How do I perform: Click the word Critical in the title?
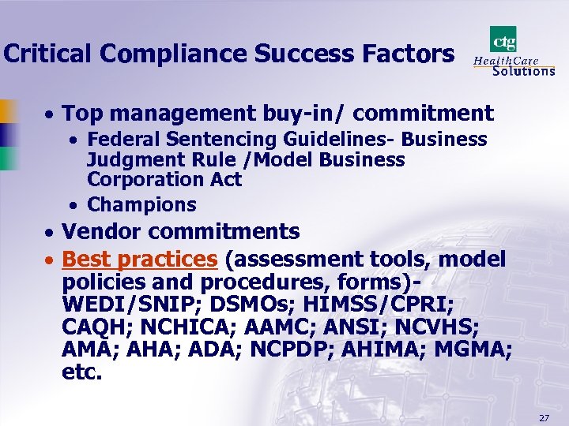[x=48, y=54]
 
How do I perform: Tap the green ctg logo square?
[x=503, y=39]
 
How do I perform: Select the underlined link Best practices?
[x=139, y=259]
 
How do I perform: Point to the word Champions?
[x=141, y=204]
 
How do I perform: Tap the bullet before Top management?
[x=49, y=115]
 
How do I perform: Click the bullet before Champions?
[x=73, y=205]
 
